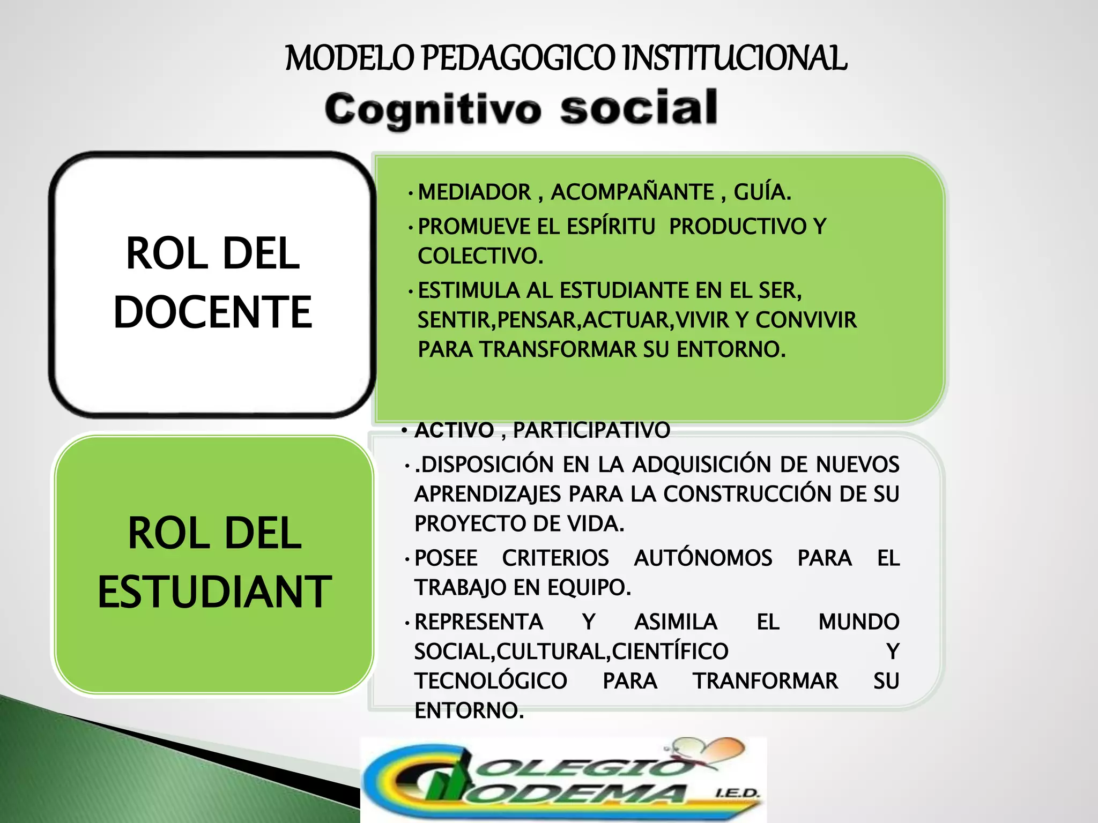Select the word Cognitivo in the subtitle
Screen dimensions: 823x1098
click(x=433, y=109)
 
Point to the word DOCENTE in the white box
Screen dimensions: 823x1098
click(x=213, y=312)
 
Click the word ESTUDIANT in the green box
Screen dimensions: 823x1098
click(x=214, y=592)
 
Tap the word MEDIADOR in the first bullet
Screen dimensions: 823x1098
click(x=474, y=192)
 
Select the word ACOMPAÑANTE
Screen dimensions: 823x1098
click(x=633, y=192)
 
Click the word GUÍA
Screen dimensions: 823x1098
click(x=762, y=192)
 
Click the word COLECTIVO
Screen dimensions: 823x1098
click(x=480, y=256)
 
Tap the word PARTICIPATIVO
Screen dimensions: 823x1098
click(x=591, y=430)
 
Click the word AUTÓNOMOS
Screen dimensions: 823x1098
click(x=703, y=558)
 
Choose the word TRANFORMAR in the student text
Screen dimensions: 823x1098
click(x=765, y=681)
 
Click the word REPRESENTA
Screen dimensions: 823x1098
click(x=479, y=622)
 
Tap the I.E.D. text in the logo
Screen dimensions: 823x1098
click(x=738, y=793)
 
